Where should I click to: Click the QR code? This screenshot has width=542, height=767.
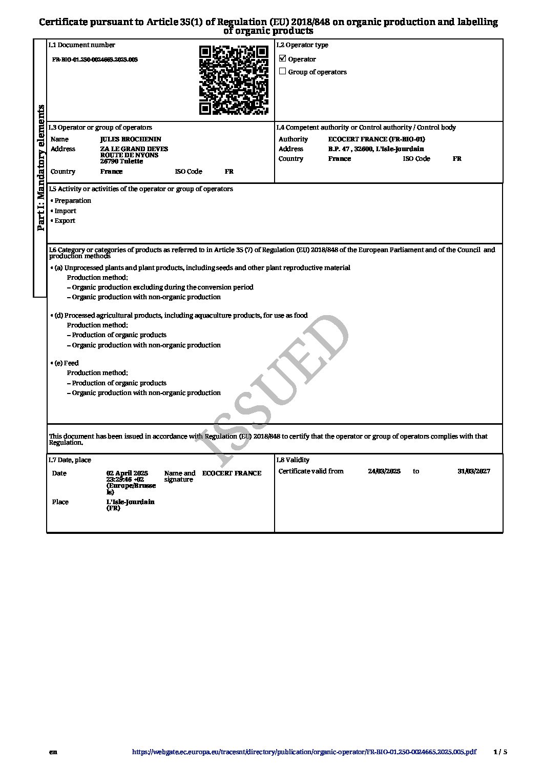click(234, 80)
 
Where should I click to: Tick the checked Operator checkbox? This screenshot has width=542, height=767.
click(282, 58)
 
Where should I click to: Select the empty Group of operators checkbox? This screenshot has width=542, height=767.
click(282, 71)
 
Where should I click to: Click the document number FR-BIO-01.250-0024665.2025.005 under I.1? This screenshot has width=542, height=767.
click(95, 60)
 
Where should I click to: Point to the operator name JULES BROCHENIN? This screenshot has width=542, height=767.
click(131, 139)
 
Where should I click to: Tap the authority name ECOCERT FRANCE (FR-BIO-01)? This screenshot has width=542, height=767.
click(377, 139)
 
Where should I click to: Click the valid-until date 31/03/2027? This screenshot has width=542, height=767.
click(473, 471)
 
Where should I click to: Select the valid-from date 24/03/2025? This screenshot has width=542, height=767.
click(384, 471)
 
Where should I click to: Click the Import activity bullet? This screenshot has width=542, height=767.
click(65, 211)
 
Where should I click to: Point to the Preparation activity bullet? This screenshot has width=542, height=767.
click(72, 201)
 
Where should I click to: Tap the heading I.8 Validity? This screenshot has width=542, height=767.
click(293, 460)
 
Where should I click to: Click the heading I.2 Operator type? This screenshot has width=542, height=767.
click(302, 45)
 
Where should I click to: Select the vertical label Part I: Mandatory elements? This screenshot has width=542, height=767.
click(40, 168)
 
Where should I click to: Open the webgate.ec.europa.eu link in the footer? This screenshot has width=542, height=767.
click(304, 752)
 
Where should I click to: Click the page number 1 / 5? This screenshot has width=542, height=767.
click(500, 752)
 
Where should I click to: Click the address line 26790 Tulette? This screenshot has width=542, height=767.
click(121, 161)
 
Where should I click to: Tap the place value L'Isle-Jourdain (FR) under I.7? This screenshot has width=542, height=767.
click(130, 505)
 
